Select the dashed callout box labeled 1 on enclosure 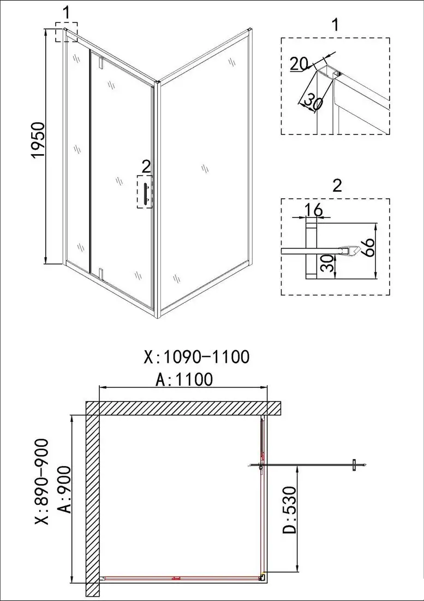pyautogui.click(x=67, y=32)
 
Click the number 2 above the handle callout pyautogui.click(x=145, y=166)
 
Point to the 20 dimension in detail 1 pyautogui.click(x=298, y=64)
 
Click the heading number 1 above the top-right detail pyautogui.click(x=335, y=25)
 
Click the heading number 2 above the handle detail pyautogui.click(x=337, y=186)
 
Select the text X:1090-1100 pyautogui.click(x=196, y=357)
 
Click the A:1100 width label pyautogui.click(x=184, y=379)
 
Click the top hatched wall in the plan pyautogui.click(x=186, y=408)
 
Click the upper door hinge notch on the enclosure pyautogui.click(x=101, y=62)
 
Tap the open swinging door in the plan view pyautogui.click(x=306, y=465)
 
